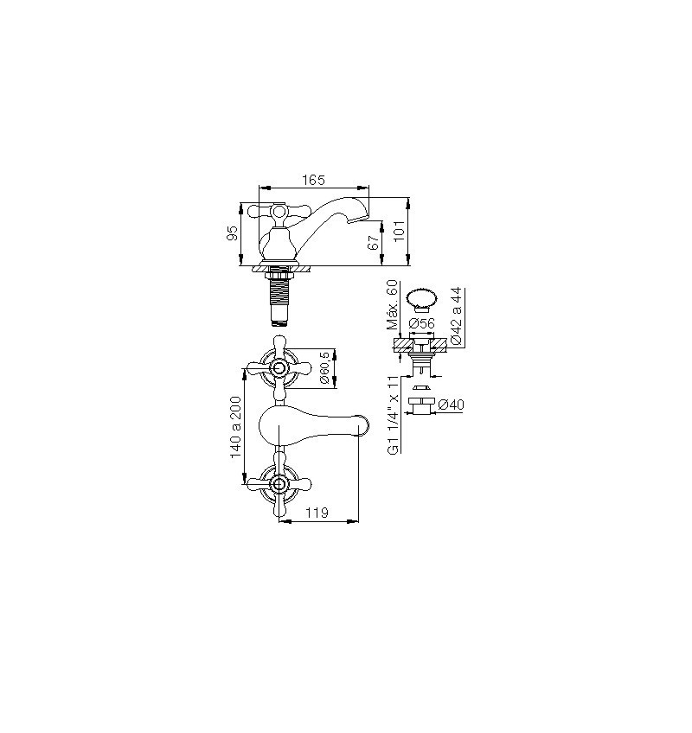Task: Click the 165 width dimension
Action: point(313,180)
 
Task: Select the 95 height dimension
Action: point(233,233)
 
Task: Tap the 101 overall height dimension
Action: point(399,232)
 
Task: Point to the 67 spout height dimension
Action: point(373,243)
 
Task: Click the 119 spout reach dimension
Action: point(317,513)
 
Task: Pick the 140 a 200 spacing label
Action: point(235,427)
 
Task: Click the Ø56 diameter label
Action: point(421,323)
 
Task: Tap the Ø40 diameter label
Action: point(451,405)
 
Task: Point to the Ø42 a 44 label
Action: point(457,316)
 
